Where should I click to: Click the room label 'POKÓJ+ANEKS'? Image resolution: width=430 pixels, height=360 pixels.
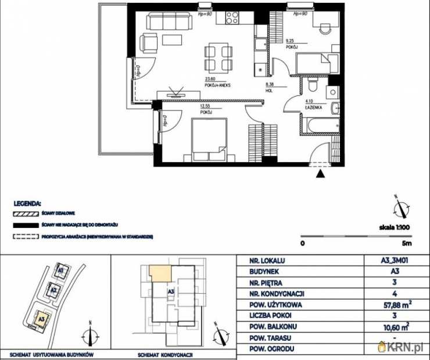click(218, 85)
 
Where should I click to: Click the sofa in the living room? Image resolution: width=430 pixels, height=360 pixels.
click(170, 22)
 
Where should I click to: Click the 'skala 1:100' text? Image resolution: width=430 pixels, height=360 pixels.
click(396, 228)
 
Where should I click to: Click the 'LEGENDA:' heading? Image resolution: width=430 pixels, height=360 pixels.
click(27, 204)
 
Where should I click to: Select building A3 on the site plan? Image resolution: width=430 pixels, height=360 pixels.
click(41, 319)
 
